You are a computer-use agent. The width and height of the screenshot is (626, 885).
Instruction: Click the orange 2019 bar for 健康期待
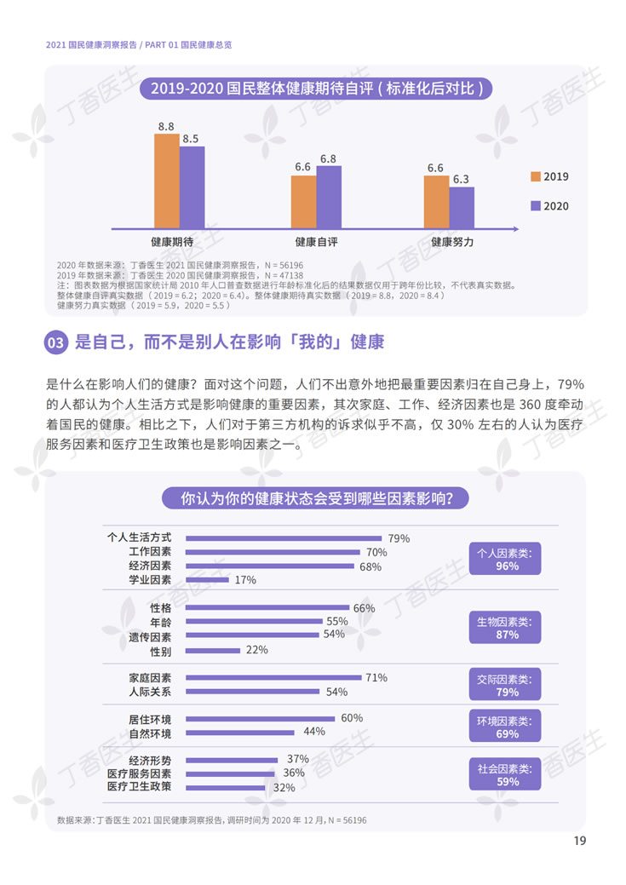166,181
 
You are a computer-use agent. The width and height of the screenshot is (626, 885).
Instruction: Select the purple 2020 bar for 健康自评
328,197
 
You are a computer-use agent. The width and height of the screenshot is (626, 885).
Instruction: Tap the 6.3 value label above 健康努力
461,179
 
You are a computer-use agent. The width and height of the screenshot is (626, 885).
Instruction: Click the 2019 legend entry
548,176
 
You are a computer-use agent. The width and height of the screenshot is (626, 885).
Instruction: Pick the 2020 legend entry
548,205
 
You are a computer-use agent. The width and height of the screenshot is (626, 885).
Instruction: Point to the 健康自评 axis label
316,242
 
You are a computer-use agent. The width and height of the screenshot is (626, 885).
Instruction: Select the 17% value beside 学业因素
245,580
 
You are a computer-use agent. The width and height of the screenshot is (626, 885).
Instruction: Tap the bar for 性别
212,650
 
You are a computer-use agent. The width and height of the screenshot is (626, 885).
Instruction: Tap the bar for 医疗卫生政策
226,788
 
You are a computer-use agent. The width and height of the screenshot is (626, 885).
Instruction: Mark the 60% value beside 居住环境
352,718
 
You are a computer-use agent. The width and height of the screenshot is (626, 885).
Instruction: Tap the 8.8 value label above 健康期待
166,126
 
